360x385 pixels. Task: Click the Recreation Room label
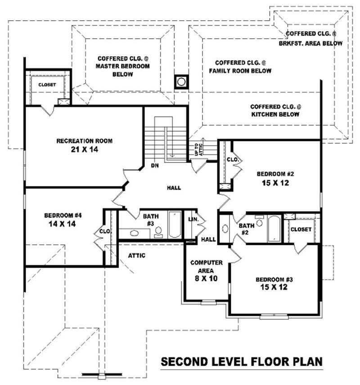[84, 141]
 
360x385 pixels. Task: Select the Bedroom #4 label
[62, 215]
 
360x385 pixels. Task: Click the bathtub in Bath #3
[174, 225]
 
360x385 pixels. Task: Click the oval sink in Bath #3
[134, 233]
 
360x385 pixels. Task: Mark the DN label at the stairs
[155, 166]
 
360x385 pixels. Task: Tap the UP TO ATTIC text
[198, 149]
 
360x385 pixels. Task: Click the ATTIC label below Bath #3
[136, 255]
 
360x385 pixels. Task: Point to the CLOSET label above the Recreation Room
[47, 85]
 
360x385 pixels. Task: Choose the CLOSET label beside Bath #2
[301, 229]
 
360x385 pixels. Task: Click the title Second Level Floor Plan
[242, 362]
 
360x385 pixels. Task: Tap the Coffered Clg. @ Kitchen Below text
[275, 111]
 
